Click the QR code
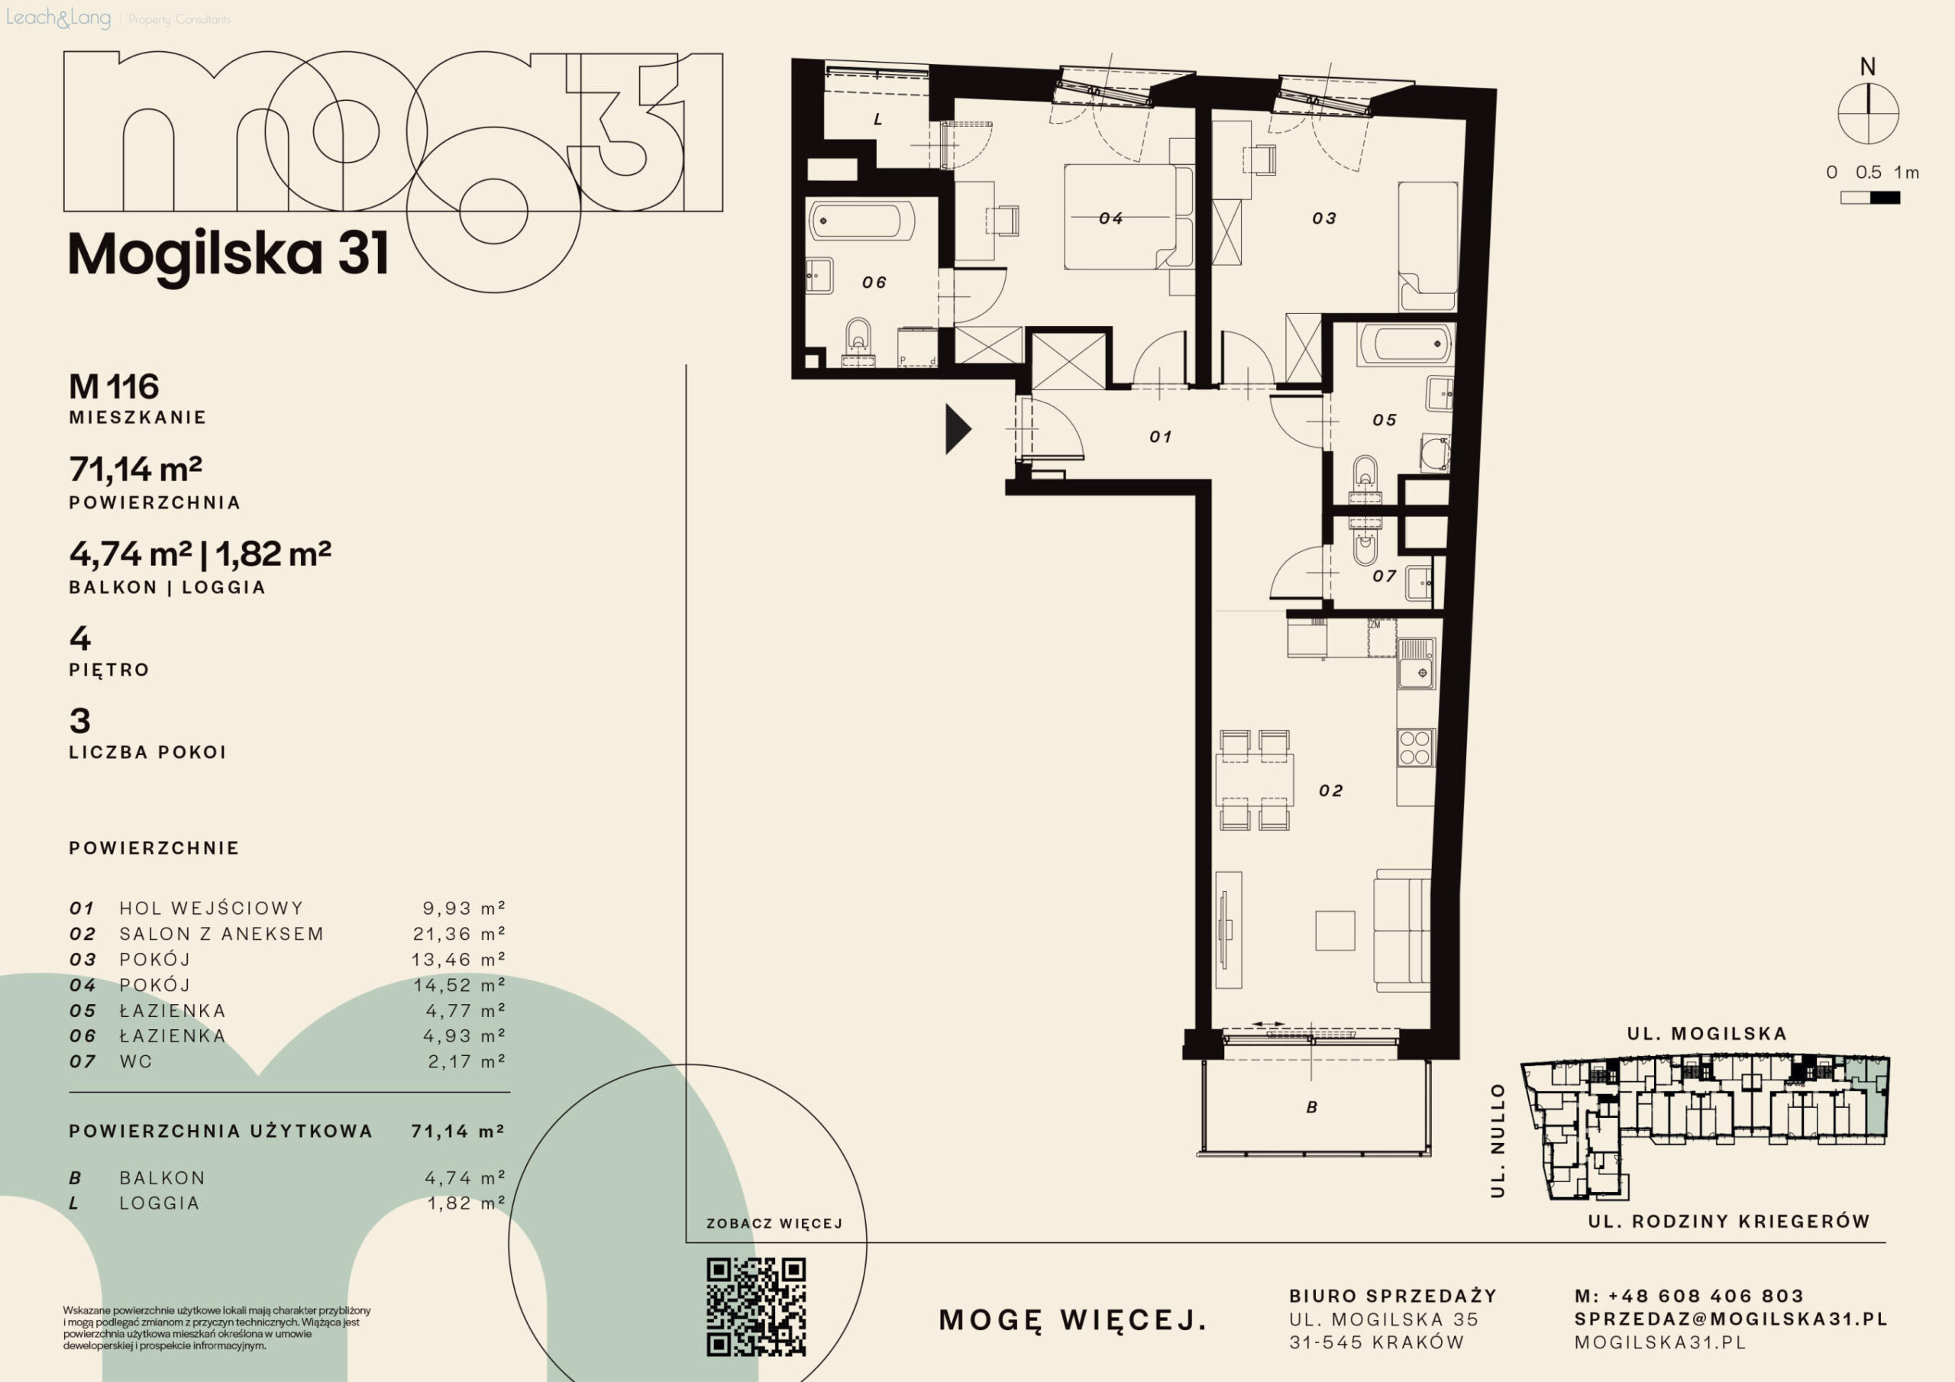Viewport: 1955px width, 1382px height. click(x=756, y=1306)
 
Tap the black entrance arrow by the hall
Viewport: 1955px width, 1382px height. click(x=958, y=429)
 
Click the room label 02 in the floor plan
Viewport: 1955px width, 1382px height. click(x=1331, y=791)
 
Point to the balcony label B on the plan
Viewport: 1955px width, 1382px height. click(x=1312, y=1107)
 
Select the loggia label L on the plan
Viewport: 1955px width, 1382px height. click(x=878, y=120)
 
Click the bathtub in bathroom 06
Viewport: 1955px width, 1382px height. click(x=861, y=221)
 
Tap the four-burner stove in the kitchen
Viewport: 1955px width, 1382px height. click(x=1415, y=748)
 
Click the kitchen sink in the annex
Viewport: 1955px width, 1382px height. click(x=1416, y=664)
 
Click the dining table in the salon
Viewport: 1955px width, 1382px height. click(x=1254, y=780)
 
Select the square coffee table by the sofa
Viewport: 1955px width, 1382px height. click(x=1335, y=931)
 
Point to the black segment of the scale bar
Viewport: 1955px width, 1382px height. click(x=1886, y=199)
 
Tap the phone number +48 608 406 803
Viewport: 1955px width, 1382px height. click(x=1705, y=1296)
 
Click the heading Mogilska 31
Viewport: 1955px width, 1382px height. click(x=228, y=254)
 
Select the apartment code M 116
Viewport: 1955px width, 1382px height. click(x=114, y=386)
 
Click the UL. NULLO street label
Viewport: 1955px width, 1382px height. click(x=1498, y=1140)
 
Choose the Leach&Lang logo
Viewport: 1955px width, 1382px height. click(x=58, y=18)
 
